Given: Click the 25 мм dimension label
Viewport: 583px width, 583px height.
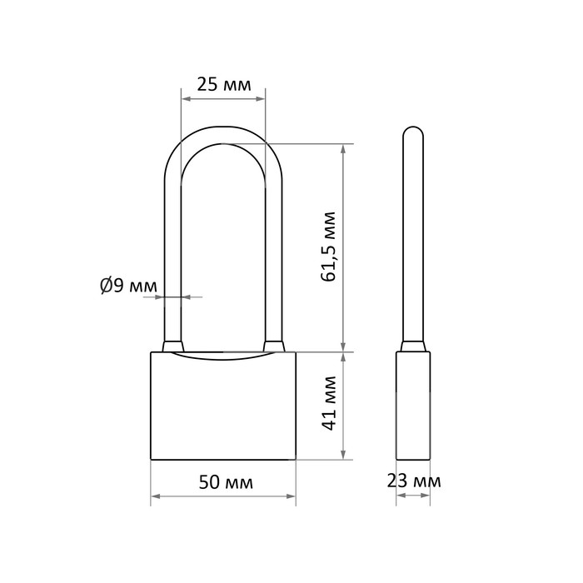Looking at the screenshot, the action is coord(224,85).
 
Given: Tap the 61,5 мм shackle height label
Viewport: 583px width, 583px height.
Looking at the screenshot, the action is coord(329,247).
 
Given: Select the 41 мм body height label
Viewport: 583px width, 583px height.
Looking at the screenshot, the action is coord(329,403).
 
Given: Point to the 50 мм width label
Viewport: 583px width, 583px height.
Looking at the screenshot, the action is coord(226,482).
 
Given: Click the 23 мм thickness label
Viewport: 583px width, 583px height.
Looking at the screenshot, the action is coord(414,481).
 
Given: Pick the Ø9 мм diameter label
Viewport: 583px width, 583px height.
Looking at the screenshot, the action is coord(128,286).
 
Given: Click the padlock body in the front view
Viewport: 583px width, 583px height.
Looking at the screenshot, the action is coord(223,406).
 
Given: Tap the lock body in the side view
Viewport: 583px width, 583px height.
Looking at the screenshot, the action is coord(413,406).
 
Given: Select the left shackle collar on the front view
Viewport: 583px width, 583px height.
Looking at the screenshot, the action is coord(173,346).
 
